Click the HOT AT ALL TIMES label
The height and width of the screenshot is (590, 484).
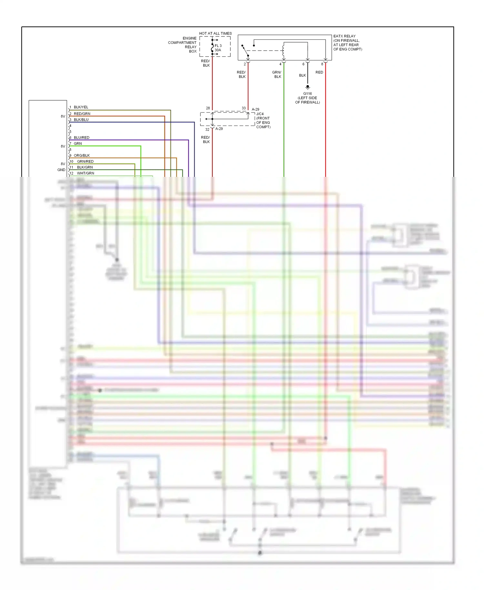pyautogui.click(x=215, y=33)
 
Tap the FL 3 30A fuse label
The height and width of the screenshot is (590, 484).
pyautogui.click(x=218, y=48)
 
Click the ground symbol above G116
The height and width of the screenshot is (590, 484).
pyautogui.click(x=308, y=87)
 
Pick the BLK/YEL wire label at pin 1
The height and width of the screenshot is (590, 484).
pyautogui.click(x=81, y=107)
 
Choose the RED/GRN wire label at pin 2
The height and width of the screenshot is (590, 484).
pyautogui.click(x=82, y=114)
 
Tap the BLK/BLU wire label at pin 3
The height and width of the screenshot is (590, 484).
pyautogui.click(x=81, y=120)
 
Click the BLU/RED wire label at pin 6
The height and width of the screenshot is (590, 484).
pyautogui.click(x=81, y=137)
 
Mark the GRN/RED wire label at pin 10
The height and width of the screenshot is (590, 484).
pyautogui.click(x=85, y=161)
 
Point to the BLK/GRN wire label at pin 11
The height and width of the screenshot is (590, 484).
pyautogui.click(x=85, y=167)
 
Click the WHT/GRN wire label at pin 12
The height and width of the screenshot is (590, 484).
pyautogui.click(x=86, y=173)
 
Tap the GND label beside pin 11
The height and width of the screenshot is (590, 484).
pyautogui.click(x=61, y=170)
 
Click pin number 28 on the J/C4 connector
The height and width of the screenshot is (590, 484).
pyautogui.click(x=208, y=108)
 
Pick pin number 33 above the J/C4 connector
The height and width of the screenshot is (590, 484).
pyautogui.click(x=244, y=108)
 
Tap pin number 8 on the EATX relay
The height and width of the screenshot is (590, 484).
pyautogui.click(x=322, y=64)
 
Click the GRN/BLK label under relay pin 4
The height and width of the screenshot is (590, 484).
pyautogui.click(x=277, y=75)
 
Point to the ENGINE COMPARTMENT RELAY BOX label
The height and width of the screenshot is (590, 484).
pyautogui.click(x=183, y=45)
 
